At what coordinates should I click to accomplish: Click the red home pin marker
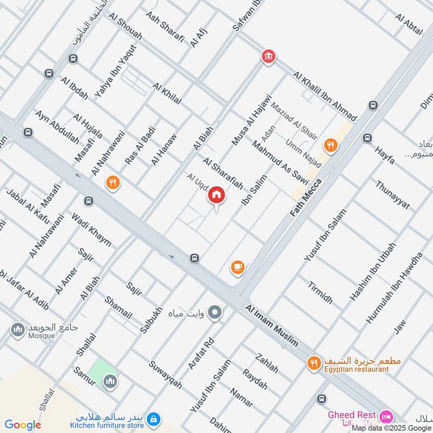click(x=216, y=195)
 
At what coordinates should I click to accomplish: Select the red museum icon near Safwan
click(x=268, y=56)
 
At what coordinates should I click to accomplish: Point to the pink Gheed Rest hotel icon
click(x=386, y=416)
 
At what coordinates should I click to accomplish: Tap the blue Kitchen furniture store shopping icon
click(x=154, y=419)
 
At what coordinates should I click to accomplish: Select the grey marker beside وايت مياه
click(x=215, y=312)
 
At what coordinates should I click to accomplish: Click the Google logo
click(x=23, y=425)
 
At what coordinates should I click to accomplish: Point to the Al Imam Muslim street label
click(x=272, y=325)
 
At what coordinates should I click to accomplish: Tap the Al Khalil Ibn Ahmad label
click(x=325, y=96)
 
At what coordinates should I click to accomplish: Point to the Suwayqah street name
click(x=165, y=374)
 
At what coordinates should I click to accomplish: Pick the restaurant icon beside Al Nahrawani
click(x=113, y=182)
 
